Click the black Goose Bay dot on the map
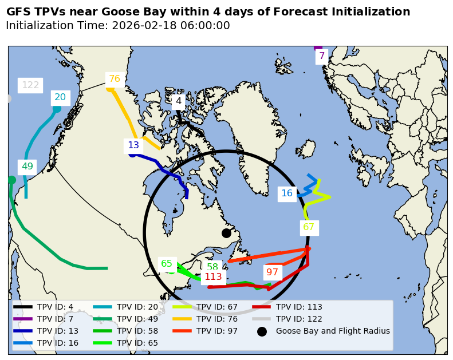[226, 233]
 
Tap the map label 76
[115, 79]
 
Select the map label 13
[133, 145]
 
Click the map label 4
[179, 101]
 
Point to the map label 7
[322, 56]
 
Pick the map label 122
[30, 85]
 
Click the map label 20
[60, 97]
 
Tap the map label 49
[27, 167]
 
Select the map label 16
[287, 193]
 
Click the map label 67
[309, 227]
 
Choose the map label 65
[167, 264]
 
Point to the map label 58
[212, 267]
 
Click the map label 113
[213, 277]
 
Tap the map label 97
[273, 272]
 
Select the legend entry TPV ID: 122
[299, 319]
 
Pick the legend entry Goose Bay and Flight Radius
[333, 331]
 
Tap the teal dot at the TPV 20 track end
[57, 109]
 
